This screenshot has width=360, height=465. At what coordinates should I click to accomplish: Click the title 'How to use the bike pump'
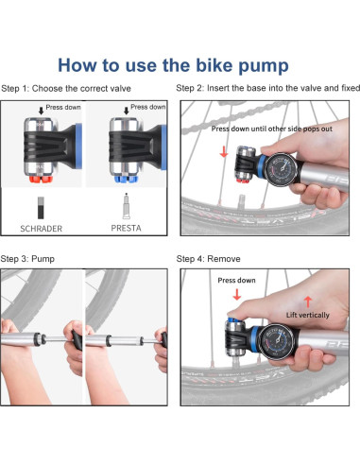(x=173, y=65)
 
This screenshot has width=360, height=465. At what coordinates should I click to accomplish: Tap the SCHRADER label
(x=41, y=229)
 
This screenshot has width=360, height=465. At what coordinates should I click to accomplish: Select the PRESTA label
(x=126, y=228)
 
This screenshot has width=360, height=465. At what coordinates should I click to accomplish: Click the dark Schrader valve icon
(x=41, y=208)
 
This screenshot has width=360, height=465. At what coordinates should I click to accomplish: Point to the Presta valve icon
(x=127, y=206)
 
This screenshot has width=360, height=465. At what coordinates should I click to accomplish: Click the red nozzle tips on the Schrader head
(x=41, y=180)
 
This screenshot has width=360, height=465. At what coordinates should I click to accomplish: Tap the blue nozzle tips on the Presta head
(x=126, y=180)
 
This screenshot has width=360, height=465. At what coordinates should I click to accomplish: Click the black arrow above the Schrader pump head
(x=41, y=111)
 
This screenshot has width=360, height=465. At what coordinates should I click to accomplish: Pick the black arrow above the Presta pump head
(x=127, y=111)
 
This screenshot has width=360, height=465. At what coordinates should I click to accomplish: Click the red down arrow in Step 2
(x=224, y=151)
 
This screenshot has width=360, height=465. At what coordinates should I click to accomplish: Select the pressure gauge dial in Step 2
(x=281, y=170)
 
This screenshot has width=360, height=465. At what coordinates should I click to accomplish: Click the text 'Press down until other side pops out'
(x=272, y=129)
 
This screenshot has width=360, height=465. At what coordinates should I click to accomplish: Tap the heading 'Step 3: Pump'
(x=27, y=259)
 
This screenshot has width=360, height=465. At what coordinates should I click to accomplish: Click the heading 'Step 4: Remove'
(x=208, y=259)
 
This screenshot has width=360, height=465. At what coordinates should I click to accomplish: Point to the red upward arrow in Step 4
(x=308, y=301)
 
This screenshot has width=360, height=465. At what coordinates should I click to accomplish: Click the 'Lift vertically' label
(x=308, y=315)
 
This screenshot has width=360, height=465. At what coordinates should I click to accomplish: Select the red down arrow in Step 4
(x=237, y=295)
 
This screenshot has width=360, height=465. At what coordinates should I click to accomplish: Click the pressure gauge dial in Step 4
(x=276, y=341)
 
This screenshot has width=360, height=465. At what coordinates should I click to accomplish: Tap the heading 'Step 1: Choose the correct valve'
(x=66, y=89)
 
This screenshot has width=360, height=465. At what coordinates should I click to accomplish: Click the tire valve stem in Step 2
(x=242, y=201)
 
